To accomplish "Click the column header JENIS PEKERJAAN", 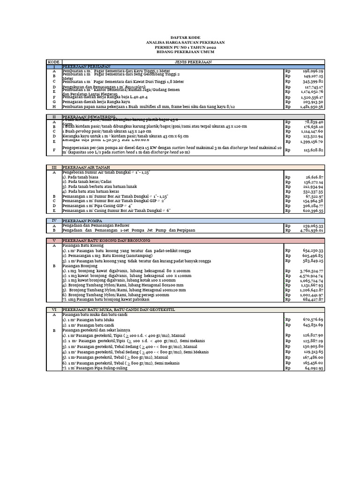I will pyautogui.click(x=193, y=61).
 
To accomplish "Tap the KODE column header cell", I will pyautogui.click(x=54, y=61).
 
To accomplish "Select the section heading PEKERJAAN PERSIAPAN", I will pyautogui.click(x=84, y=67).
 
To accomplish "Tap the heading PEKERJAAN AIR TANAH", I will pyautogui.click(x=84, y=166).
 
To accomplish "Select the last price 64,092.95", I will pyautogui.click(x=313, y=368).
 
